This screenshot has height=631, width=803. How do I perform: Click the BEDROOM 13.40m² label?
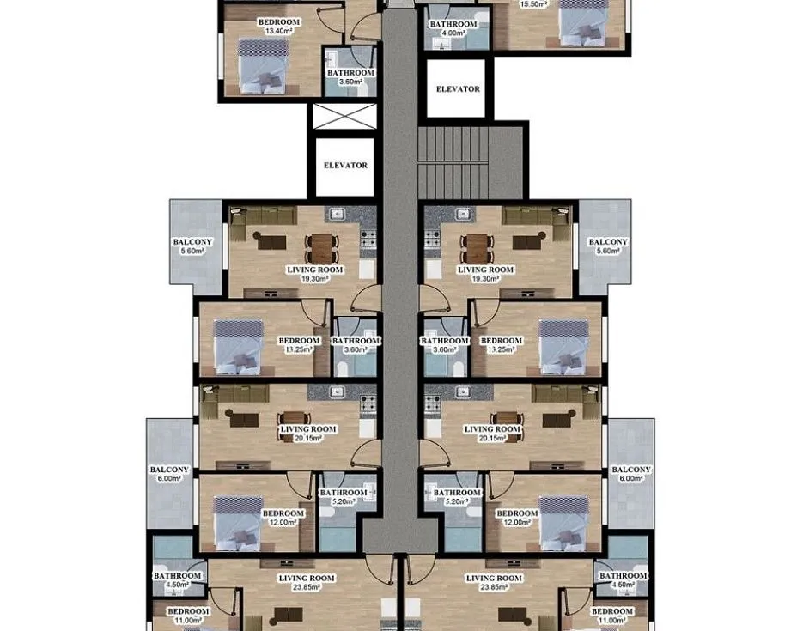pyautogui.click(x=278, y=26)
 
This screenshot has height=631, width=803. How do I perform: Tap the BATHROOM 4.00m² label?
pyautogui.click(x=453, y=29)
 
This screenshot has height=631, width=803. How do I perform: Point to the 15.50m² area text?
pyautogui.click(x=534, y=4)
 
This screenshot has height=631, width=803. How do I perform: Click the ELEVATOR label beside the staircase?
pyautogui.click(x=457, y=89)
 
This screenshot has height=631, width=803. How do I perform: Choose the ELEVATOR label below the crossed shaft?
pyautogui.click(x=345, y=166)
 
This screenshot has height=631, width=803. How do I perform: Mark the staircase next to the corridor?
pyautogui.click(x=469, y=161)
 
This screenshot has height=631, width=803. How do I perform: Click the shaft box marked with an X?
pyautogui.click(x=344, y=116)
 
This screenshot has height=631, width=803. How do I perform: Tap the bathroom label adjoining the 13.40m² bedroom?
pyautogui.click(x=350, y=77)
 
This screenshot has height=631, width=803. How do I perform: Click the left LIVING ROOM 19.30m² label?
pyautogui.click(x=314, y=274)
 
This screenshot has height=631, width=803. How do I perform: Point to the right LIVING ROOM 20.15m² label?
pyautogui.click(x=492, y=434)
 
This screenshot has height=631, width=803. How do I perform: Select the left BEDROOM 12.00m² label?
pyautogui.click(x=283, y=518)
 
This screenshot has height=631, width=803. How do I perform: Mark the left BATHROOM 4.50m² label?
pyautogui.click(x=177, y=580)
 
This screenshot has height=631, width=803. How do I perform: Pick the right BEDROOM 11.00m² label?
pyautogui.click(x=611, y=616)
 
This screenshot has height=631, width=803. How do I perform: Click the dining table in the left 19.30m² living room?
pyautogui.click(x=319, y=248)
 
